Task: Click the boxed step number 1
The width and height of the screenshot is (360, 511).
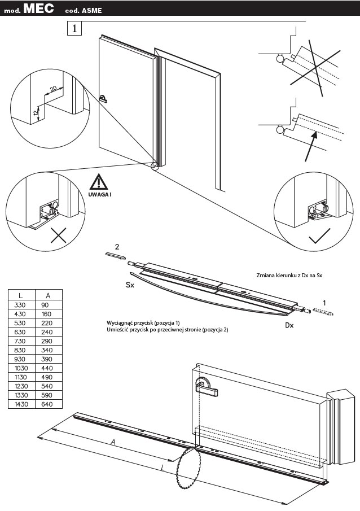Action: click(74, 28)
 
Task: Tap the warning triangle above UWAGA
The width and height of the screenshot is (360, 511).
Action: click(99, 182)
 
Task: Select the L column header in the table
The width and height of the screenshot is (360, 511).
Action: click(21, 295)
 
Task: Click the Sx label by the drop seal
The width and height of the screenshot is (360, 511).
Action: click(130, 286)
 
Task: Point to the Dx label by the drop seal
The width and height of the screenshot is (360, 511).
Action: click(289, 325)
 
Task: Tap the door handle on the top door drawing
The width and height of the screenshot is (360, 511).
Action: click(102, 98)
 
